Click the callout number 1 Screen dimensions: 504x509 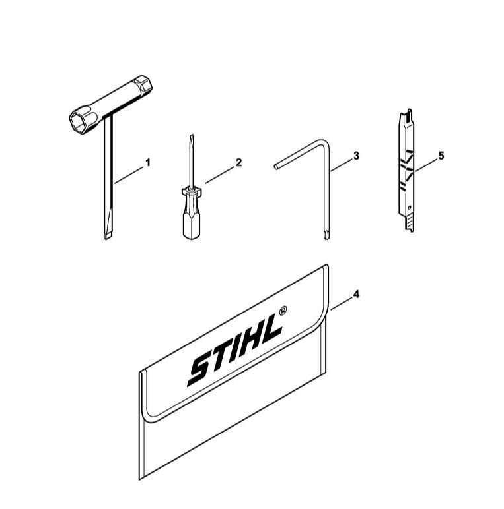pos(148,162)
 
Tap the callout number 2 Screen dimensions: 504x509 pos(238,162)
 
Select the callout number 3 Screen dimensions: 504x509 pos(357,156)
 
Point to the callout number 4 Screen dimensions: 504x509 pos(357,295)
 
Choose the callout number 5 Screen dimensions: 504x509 pos(441,156)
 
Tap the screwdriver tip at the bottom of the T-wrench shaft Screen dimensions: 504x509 pos(108,231)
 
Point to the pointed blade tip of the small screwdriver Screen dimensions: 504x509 pos(192,135)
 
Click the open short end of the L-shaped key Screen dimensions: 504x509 pos(275,167)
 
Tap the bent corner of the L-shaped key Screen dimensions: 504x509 pos(326,143)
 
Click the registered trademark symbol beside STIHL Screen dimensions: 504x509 pos(283,310)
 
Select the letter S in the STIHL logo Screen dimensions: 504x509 pos(201,369)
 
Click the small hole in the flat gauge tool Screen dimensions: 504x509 pos(410,207)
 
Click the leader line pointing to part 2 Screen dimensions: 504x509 pos(219,175)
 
